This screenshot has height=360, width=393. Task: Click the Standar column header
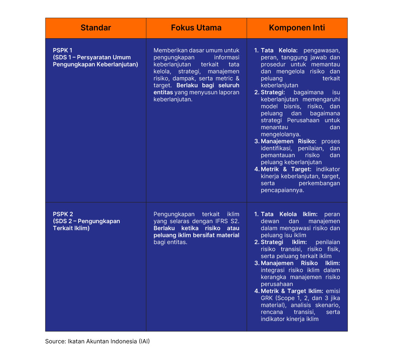[96, 28]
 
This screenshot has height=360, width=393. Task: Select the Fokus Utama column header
[196, 28]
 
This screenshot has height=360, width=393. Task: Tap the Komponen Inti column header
[297, 28]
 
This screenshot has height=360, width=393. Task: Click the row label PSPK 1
[63, 50]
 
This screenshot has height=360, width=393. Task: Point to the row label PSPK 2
[63, 214]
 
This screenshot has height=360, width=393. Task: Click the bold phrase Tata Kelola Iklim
[289, 214]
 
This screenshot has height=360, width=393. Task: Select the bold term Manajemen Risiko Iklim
[300, 263]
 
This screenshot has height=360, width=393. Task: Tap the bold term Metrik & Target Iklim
[292, 291]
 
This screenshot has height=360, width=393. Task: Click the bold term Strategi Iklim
[284, 242]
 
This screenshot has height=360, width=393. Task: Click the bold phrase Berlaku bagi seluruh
[207, 85]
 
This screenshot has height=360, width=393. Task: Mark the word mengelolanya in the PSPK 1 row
[281, 134]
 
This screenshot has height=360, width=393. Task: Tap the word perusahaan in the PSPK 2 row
[277, 284]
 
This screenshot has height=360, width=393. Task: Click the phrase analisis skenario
[315, 305]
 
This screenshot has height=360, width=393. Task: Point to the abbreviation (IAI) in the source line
[144, 341]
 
